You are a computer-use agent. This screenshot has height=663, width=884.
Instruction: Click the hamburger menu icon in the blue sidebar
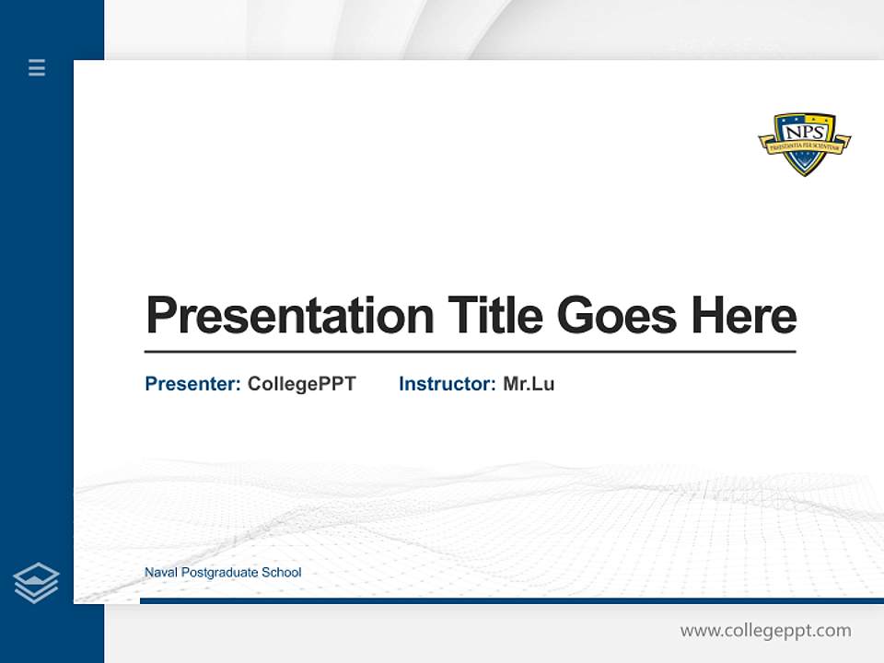37,67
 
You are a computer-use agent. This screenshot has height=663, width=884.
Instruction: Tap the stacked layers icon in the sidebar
36,583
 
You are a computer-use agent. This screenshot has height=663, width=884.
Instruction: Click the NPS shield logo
804,144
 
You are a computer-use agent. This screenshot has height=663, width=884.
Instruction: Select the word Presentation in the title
289,316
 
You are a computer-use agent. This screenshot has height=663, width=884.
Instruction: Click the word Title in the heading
495,316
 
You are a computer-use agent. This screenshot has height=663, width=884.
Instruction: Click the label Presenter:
192,384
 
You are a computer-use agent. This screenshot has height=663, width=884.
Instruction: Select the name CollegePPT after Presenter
301,384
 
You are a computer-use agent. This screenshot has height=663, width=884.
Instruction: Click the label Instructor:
447,384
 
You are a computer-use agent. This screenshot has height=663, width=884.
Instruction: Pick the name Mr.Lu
529,384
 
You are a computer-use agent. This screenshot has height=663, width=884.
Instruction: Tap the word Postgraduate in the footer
219,573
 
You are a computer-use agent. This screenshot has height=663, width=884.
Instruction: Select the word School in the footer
282,573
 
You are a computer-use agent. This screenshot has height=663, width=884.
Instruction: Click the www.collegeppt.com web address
765,631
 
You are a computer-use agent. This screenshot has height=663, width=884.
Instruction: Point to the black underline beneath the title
470,352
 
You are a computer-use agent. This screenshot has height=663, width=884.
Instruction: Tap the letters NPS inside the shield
804,128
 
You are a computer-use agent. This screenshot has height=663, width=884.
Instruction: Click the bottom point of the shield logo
804,173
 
